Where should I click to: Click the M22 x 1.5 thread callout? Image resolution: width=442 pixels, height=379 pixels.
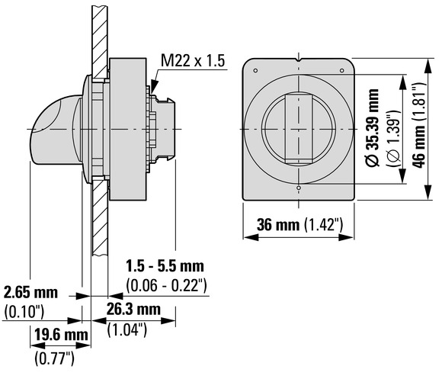(193, 61)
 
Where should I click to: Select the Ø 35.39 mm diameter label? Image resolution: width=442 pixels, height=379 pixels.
(372, 127)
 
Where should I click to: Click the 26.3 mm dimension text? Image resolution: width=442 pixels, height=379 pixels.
(133, 309)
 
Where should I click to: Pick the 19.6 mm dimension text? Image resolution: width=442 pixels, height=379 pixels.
(61, 335)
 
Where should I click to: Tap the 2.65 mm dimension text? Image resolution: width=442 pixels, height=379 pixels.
(30, 292)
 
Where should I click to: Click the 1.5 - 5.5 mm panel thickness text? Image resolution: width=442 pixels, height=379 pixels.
(165, 266)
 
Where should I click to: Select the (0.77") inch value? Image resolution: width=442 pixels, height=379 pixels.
(54, 358)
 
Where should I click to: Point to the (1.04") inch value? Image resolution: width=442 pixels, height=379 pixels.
(127, 329)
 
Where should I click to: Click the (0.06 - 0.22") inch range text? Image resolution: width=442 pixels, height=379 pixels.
(167, 286)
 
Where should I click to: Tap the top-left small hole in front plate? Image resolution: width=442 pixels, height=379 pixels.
(255, 70)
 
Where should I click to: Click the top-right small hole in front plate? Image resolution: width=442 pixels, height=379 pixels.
(341, 70)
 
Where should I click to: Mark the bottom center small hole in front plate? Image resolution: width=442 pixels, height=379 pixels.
(299, 188)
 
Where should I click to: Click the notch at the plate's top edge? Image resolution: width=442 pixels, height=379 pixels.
(299, 60)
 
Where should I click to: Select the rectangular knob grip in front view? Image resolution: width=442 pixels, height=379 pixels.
(299, 130)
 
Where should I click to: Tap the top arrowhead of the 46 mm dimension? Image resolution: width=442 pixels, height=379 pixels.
(428, 66)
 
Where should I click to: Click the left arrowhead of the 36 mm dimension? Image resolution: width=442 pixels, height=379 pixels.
(251, 237)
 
